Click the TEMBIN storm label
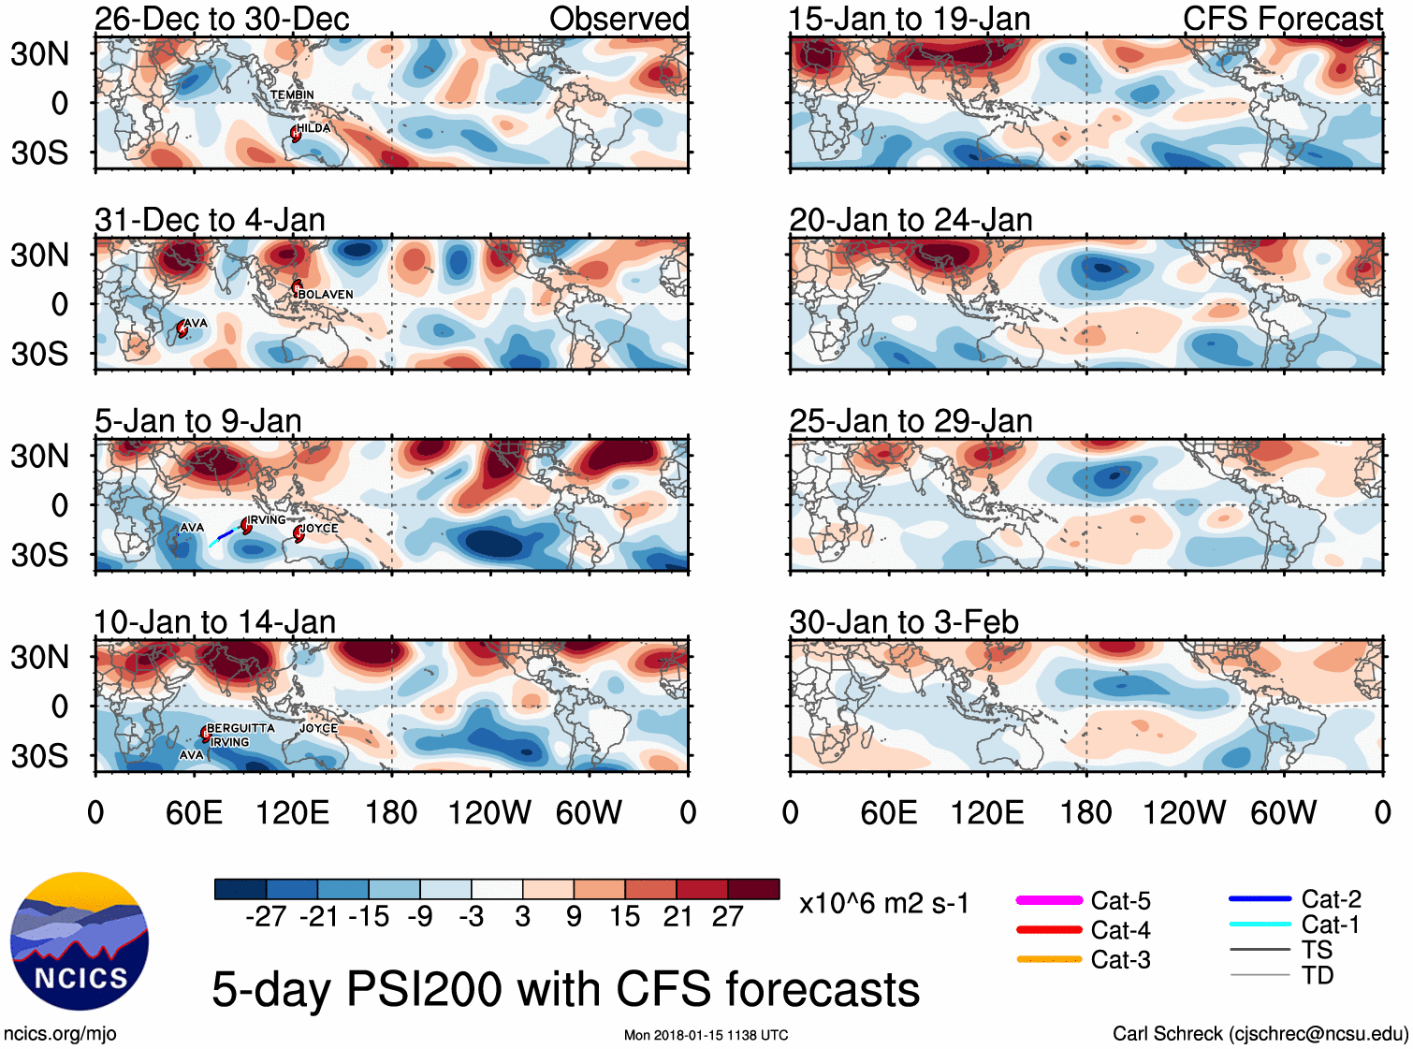coord(292,95)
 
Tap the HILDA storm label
coord(313,128)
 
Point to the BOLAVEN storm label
coord(325,294)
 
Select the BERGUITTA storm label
coord(240,728)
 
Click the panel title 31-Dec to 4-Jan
coord(210,220)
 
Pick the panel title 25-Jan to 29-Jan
coord(910,421)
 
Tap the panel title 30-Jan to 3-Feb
coord(904,622)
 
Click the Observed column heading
coord(619,19)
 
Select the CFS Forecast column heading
coord(1282,19)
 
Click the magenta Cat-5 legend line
coord(1049,900)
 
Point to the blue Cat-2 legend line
coord(1260,899)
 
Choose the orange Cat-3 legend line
coord(1049,959)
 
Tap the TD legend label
coord(1318,975)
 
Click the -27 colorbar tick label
coord(266,916)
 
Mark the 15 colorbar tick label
coord(624,916)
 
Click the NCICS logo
coord(80,941)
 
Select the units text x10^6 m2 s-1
coord(883,903)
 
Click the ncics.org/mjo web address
coord(60,1033)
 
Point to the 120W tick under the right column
coord(1184,812)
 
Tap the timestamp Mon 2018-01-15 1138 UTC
coord(706,1035)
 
